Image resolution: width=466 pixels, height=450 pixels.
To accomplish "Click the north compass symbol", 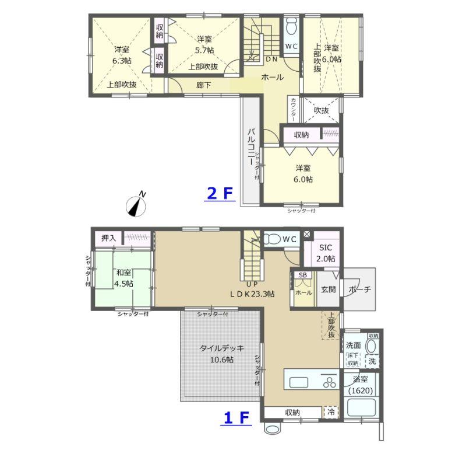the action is click(136, 206).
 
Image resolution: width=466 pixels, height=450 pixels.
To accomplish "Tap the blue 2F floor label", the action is click(220, 194).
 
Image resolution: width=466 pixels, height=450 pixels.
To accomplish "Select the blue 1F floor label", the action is click(236, 418).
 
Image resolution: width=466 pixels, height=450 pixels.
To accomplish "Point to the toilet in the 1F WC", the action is click(272, 239).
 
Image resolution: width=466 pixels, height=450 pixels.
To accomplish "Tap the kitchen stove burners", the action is click(329, 382).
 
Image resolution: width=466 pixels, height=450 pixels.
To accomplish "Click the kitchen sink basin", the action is click(299, 382).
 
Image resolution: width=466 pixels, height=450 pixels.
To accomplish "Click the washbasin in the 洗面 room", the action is click(370, 347).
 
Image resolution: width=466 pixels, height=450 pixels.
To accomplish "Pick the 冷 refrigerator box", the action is click(331, 412).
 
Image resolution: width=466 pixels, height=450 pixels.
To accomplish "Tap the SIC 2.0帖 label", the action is click(326, 253).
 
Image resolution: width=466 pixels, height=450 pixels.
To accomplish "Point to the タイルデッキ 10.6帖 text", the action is click(222, 354).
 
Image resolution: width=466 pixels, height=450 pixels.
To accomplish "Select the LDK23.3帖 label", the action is click(252, 294).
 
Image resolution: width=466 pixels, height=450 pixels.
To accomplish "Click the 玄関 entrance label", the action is click(329, 289).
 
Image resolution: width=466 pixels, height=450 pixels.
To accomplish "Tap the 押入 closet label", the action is click(108, 238).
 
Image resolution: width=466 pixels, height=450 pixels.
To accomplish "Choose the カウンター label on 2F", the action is click(293, 109).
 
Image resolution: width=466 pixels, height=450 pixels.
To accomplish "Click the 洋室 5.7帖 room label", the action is click(204, 44).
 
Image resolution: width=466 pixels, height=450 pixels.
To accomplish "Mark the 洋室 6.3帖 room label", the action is click(122, 55).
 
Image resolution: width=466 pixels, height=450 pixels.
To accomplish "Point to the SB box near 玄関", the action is click(303, 275).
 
